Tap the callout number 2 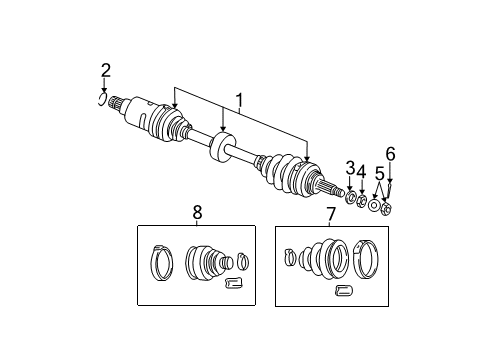tap(105, 70)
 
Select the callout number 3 tap(350, 167)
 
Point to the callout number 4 tap(362, 171)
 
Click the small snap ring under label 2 tap(103, 97)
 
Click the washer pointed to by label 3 tap(351, 197)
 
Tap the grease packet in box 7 tap(345, 290)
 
